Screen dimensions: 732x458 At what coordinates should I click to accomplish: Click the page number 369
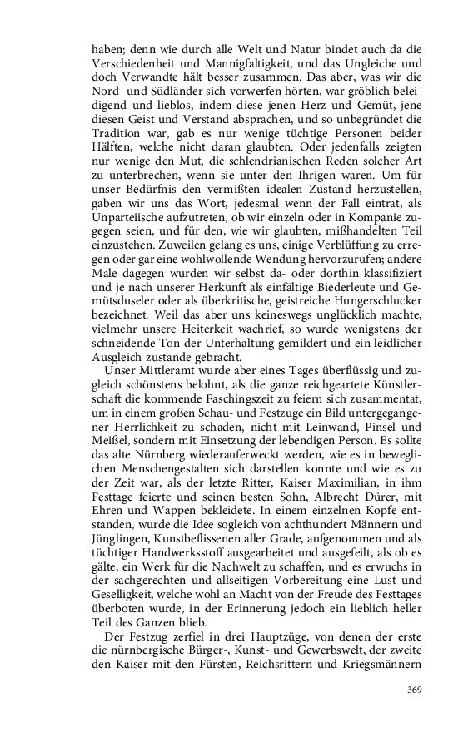416,689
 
